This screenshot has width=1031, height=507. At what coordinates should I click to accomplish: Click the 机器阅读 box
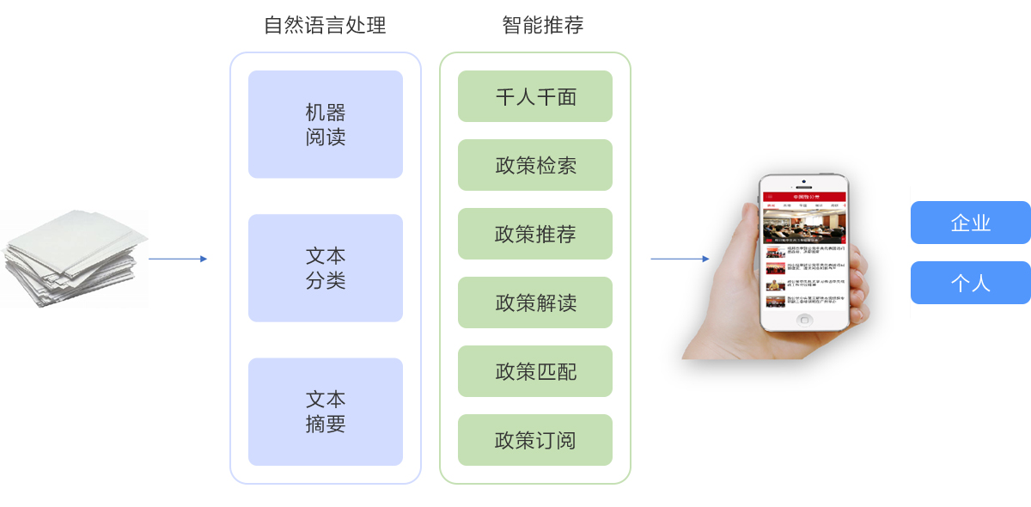325,125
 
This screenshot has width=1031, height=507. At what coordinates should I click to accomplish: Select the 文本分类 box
325,268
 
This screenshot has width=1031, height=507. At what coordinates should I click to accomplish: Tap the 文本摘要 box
325,412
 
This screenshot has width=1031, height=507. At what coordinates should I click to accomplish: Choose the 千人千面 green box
534,96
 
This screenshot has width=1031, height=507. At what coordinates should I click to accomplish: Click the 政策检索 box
534,165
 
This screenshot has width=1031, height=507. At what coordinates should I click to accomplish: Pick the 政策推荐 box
534,234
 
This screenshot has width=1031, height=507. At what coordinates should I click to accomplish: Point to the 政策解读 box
534,302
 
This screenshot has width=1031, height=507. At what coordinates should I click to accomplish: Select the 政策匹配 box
534,371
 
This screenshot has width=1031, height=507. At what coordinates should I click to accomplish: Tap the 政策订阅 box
534,440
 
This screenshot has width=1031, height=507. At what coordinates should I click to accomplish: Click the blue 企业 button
970,223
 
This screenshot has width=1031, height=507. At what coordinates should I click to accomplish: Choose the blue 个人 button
970,283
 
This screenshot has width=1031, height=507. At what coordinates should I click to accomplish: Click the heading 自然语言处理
325,26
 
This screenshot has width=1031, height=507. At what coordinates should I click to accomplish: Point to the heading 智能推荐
542,26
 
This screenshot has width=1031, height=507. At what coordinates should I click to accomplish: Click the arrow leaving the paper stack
177,259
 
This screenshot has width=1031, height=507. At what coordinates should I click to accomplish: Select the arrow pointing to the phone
680,259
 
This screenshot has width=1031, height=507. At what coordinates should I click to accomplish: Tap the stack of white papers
73,258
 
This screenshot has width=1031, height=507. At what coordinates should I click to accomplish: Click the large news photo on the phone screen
804,227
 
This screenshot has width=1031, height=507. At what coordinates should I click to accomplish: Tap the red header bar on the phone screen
804,197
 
